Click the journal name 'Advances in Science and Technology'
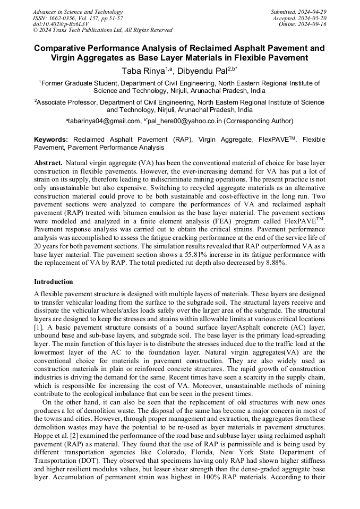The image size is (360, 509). coord(78,12)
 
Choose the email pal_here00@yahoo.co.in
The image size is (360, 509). coord(184,121)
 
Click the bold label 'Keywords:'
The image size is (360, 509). coord(51,140)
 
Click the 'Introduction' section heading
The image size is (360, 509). coord(54,281)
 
